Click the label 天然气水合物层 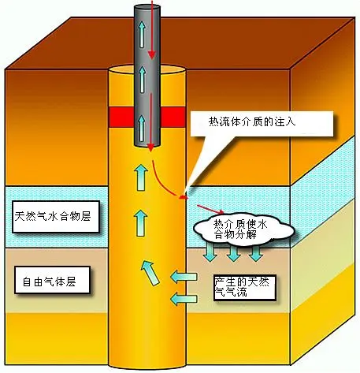pyautogui.click(x=53, y=217)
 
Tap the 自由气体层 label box pyautogui.click(x=52, y=280)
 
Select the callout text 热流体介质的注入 pyautogui.click(x=252, y=121)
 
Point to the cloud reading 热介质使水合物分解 pyautogui.click(x=243, y=229)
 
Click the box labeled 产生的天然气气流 pyautogui.click(x=244, y=287)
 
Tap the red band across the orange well pyautogui.click(x=147, y=117)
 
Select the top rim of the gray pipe pyautogui.click(x=147, y=7)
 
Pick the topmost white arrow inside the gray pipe pyautogui.click(x=142, y=35)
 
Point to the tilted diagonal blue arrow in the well pyautogui.click(x=150, y=273)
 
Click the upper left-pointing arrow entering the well pyautogui.click(x=184, y=277)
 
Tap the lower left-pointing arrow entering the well pyautogui.click(x=184, y=299)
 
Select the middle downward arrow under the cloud pyautogui.click(x=233, y=252)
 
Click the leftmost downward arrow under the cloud pyautogui.click(x=210, y=252)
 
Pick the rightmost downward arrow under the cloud pyautogui.click(x=256, y=252)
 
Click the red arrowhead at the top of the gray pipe pyautogui.click(x=152, y=54)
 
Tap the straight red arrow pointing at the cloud pyautogui.click(x=210, y=209)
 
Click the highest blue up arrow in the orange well pyautogui.click(x=140, y=177)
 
